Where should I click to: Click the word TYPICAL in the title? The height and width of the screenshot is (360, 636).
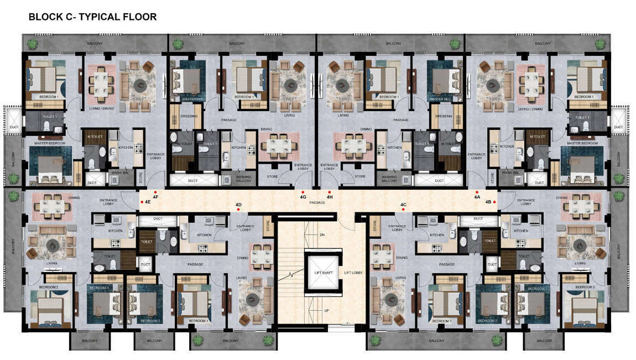tap(103, 17)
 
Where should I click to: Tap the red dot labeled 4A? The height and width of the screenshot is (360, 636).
tap(477, 192)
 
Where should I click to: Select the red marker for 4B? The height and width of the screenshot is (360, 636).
tap(494, 202)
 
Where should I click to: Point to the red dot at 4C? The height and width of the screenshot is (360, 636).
tap(404, 210)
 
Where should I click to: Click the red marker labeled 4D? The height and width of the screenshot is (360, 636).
tap(238, 210)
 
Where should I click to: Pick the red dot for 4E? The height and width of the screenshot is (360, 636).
tap(142, 202)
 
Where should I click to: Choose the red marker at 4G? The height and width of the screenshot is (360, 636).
tap(303, 192)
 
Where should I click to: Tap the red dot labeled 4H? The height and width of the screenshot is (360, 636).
tap(330, 192)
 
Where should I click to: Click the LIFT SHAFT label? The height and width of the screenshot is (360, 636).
tap(322, 273)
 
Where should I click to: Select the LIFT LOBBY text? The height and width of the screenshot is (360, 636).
tap(355, 273)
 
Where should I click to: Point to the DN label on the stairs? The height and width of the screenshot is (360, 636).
tap(322, 235)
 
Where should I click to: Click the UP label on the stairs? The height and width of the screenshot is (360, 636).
tap(326, 311)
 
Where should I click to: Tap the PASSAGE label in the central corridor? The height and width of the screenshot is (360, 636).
tap(317, 203)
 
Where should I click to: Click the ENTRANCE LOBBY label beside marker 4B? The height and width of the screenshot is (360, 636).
tap(524, 202)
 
